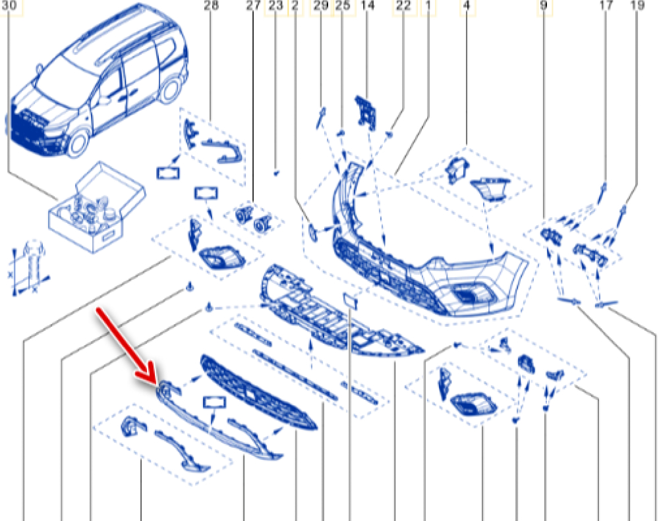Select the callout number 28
tap(212, 5)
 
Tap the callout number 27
tap(254, 5)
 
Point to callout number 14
tap(367, 5)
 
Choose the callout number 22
tap(403, 5)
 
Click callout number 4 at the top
tap(467, 5)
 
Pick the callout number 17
tap(606, 5)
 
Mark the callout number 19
tap(637, 5)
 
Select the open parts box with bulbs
tap(97, 207)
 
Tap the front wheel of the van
tap(78, 143)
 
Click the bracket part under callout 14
tap(365, 111)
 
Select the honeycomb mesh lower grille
tap(259, 392)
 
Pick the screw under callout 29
tap(321, 118)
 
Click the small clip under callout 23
tap(276, 173)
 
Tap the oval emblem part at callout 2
tap(312, 232)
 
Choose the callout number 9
tap(544, 5)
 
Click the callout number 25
tap(343, 5)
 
